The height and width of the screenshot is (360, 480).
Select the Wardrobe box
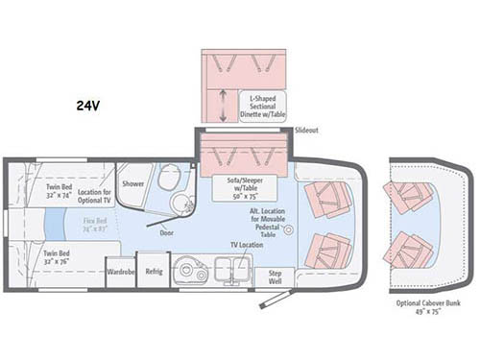tap(119, 271)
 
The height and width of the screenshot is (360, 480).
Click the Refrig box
tap(153, 270)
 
